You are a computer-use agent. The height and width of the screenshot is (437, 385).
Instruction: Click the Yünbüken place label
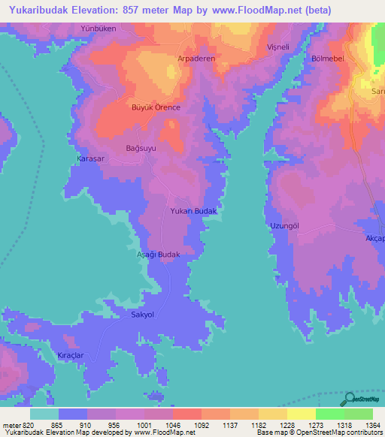[x=98, y=28]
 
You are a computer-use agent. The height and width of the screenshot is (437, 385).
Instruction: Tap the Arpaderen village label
[x=196, y=58]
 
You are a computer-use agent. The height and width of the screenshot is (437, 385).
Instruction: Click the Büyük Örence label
[x=156, y=107]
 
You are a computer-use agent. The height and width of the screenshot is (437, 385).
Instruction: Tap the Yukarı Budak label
[x=194, y=212]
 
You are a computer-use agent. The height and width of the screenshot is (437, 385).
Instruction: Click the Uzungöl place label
[x=285, y=226]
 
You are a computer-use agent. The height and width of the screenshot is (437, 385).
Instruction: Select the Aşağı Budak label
[x=157, y=255]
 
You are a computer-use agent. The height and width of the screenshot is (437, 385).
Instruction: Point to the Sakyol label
[x=143, y=315]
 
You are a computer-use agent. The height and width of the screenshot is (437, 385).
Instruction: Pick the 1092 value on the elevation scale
[x=186, y=425]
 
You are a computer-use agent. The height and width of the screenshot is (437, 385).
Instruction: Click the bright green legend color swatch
[x=329, y=414]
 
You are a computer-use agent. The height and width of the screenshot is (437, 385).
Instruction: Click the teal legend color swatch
[x=44, y=414]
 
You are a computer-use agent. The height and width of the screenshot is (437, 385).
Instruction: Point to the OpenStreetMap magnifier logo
[x=349, y=399]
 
